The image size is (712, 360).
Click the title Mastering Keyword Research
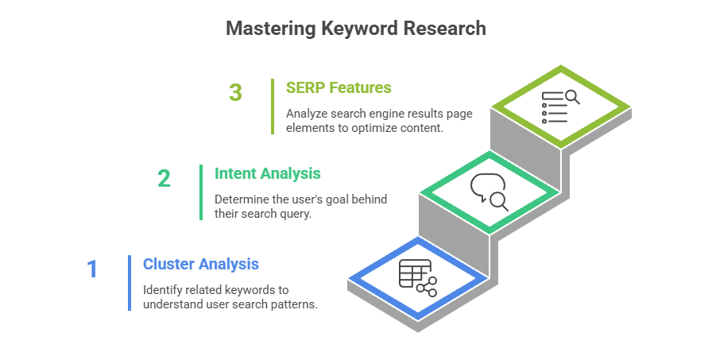pyautogui.click(x=355, y=29)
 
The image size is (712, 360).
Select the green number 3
pyautogui.click(x=235, y=92)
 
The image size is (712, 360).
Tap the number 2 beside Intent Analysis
pyautogui.click(x=164, y=178)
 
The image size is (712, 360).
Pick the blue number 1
pyautogui.click(x=92, y=269)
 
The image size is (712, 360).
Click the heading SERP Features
pyautogui.click(x=339, y=87)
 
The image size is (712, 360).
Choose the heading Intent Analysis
pyautogui.click(x=268, y=172)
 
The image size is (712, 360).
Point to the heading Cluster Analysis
pyautogui.click(x=200, y=264)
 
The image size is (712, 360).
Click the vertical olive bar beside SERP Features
pyautogui.click(x=273, y=106)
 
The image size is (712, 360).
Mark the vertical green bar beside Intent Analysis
pyautogui.click(x=201, y=192)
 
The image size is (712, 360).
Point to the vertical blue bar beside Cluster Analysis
pyautogui.click(x=130, y=283)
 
